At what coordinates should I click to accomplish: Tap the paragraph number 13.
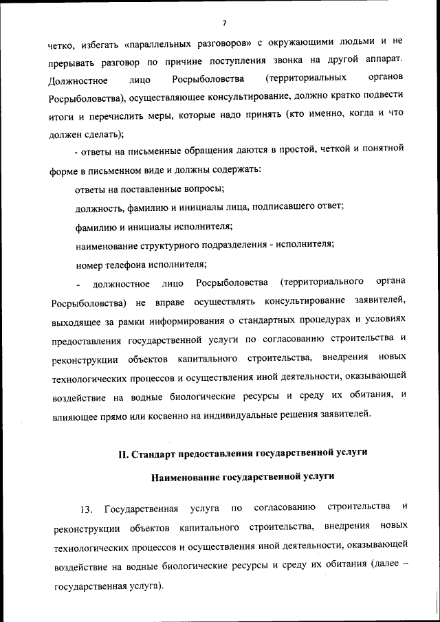85,509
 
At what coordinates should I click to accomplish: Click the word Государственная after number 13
142,509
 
